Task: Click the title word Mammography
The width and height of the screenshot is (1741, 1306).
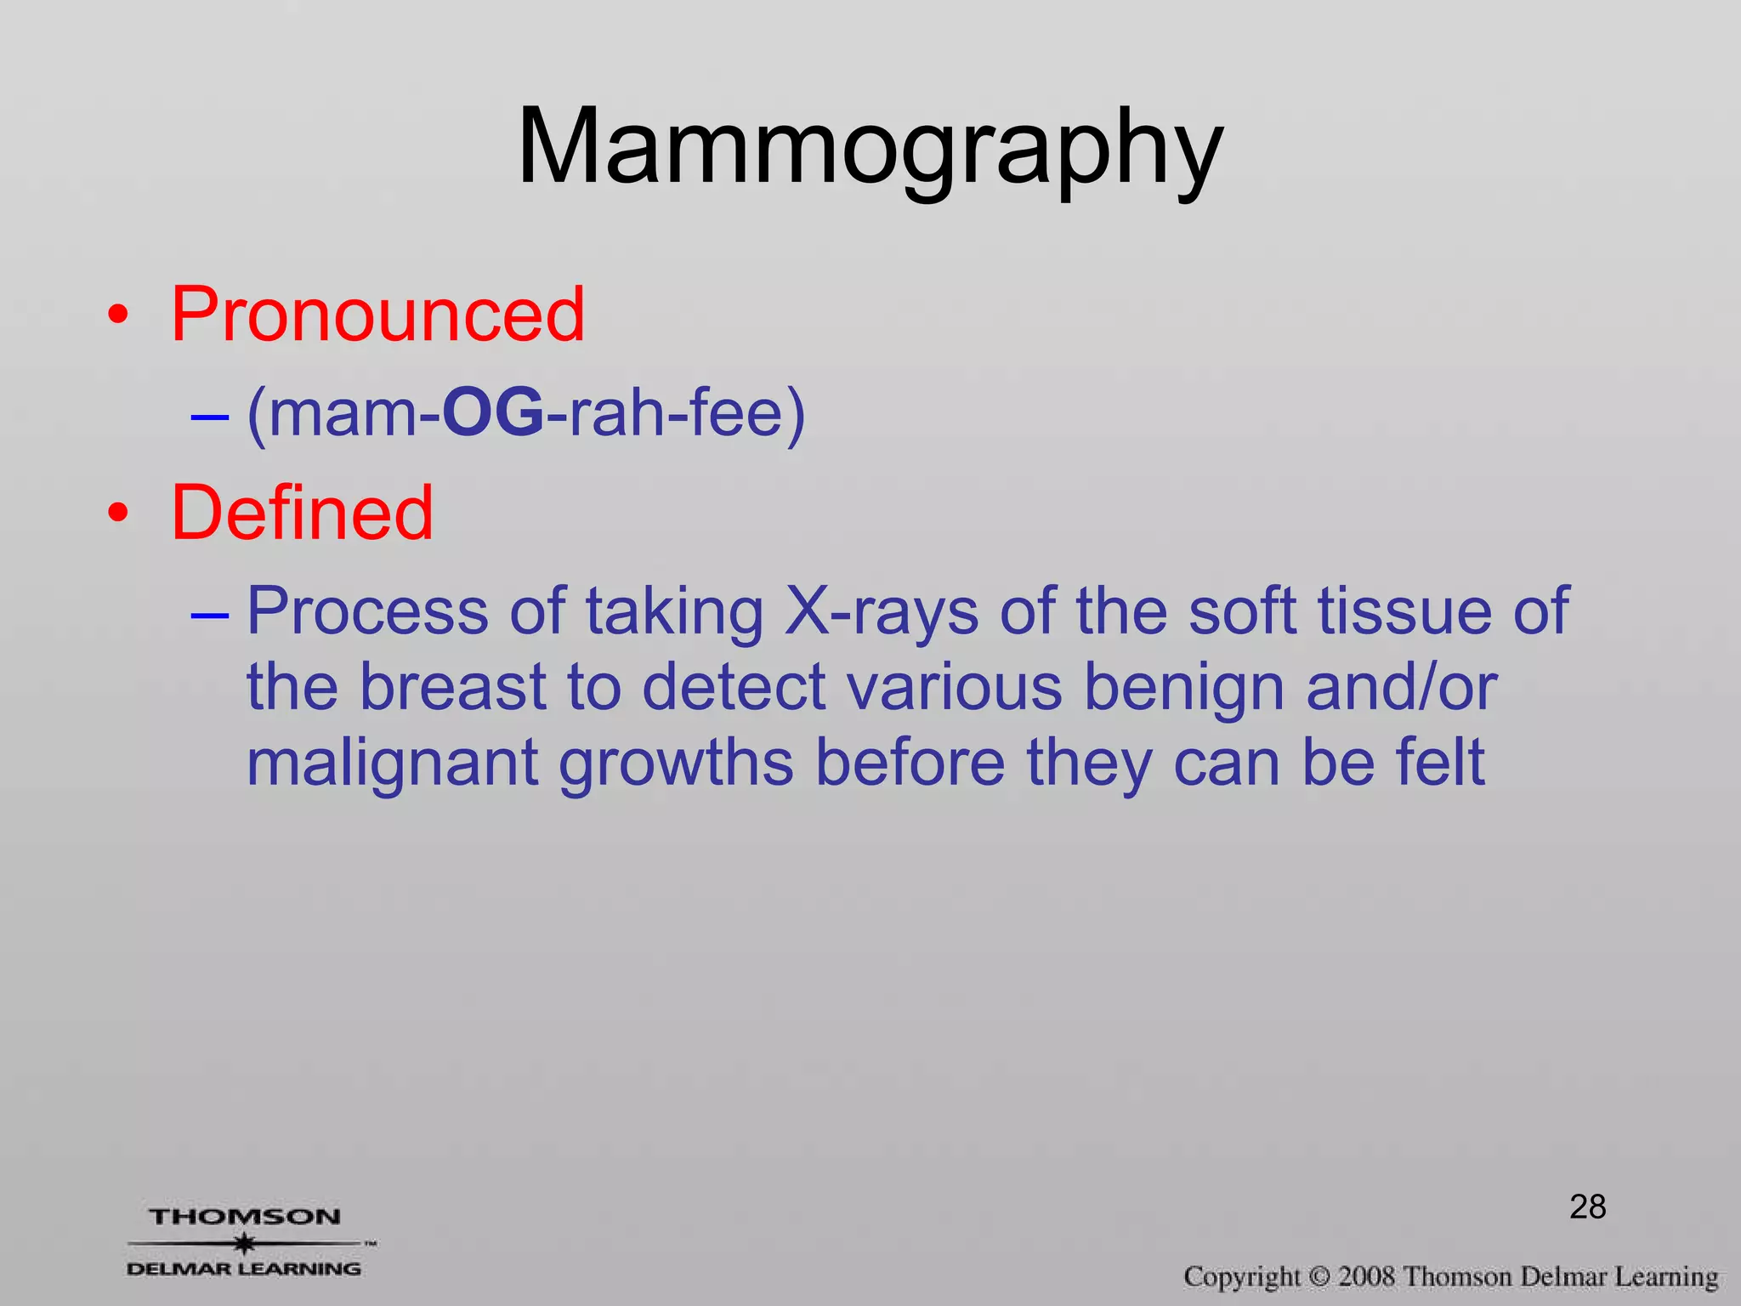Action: point(870,149)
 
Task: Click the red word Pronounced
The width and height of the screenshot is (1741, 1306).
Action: point(377,315)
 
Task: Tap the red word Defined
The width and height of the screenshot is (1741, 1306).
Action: point(302,513)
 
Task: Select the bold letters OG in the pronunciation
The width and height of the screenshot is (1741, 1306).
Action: point(493,414)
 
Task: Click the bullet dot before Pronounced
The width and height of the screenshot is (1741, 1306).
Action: point(118,316)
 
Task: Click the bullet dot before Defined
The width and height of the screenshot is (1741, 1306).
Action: point(118,514)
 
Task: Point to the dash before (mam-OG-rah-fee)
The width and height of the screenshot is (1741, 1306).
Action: point(209,417)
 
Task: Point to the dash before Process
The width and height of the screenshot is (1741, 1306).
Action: point(209,614)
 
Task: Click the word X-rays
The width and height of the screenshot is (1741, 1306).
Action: point(881,612)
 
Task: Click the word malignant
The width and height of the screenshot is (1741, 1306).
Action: point(392,763)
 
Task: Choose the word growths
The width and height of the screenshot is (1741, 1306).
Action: point(676,763)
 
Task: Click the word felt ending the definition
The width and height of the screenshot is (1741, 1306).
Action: point(1440,761)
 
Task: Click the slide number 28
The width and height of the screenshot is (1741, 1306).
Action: point(1587,1207)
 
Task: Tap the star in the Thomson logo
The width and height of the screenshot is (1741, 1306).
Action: point(245,1243)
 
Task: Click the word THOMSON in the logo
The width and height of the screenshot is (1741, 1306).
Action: point(245,1217)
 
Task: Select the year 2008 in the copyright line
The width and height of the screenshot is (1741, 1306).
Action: point(1366,1277)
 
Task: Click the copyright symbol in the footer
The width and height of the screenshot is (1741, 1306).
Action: point(1319,1277)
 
